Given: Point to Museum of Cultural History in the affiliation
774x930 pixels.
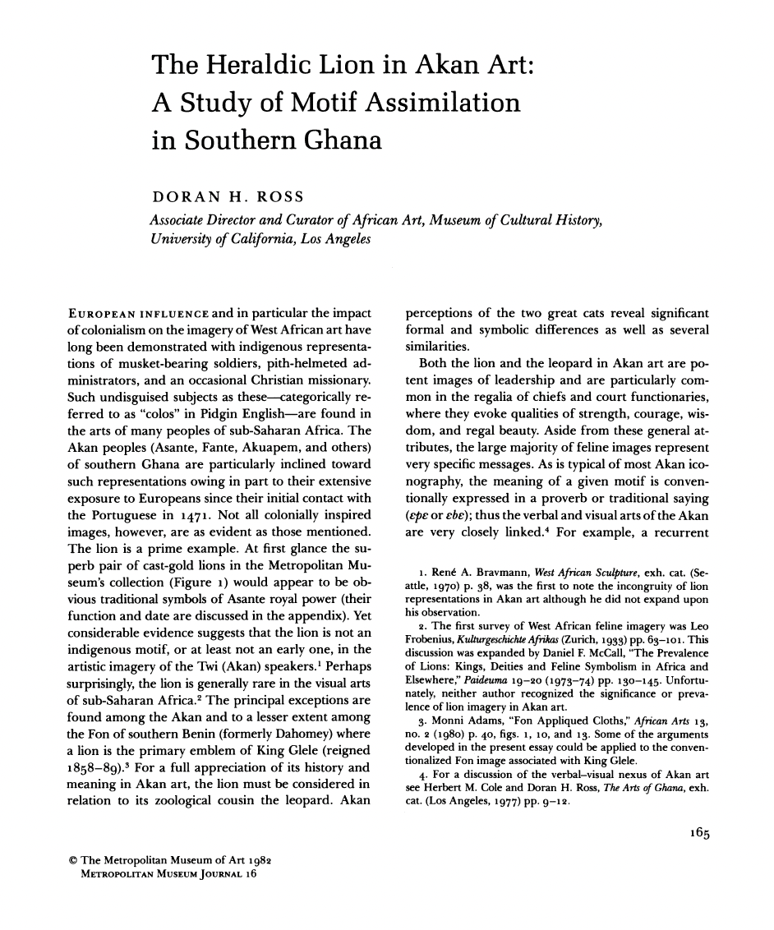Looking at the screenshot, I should click(x=517, y=220).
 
